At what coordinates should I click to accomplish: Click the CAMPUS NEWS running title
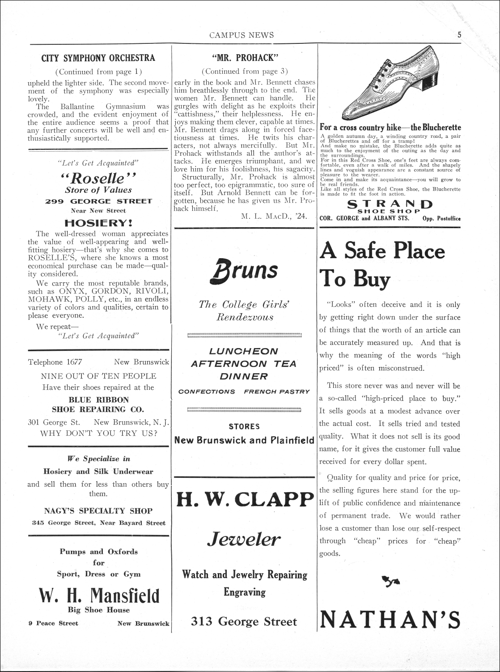(x=242, y=35)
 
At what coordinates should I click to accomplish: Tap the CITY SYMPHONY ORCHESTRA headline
(x=98, y=58)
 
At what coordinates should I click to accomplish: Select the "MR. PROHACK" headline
(x=245, y=58)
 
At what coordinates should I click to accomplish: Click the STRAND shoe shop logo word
(x=390, y=204)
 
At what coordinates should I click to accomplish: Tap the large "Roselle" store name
(x=98, y=178)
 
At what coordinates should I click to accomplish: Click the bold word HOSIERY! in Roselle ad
(x=98, y=222)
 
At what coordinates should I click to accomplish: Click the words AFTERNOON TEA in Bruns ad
(x=244, y=364)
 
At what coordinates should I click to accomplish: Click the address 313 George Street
(x=244, y=621)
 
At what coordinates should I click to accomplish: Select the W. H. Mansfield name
(x=99, y=595)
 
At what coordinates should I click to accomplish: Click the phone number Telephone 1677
(x=55, y=362)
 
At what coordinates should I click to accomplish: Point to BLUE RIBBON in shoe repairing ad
(x=98, y=400)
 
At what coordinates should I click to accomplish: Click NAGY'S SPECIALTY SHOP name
(x=98, y=510)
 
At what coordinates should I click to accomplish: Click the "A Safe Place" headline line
(x=382, y=251)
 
